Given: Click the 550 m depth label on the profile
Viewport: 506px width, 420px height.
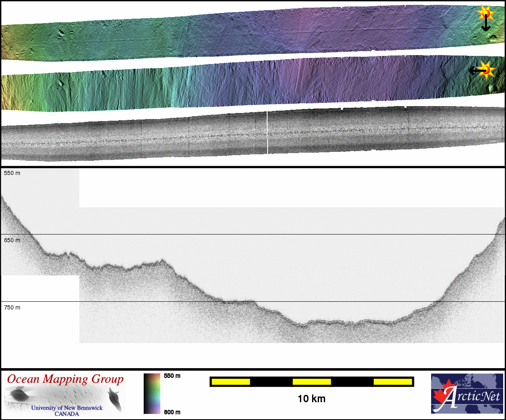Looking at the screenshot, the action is pyautogui.click(x=12, y=173).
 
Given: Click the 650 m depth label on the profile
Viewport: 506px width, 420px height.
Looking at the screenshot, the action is pyautogui.click(x=12, y=240).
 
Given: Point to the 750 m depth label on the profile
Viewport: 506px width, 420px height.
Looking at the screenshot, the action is pyautogui.click(x=12, y=308).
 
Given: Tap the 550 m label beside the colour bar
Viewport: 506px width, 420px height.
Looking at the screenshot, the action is pyautogui.click(x=172, y=376).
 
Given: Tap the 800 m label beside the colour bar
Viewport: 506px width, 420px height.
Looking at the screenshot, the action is pyautogui.click(x=172, y=412).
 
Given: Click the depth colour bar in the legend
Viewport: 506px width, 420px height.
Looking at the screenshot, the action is pyautogui.click(x=152, y=394).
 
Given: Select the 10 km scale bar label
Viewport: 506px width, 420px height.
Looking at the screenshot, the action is pyautogui.click(x=311, y=399).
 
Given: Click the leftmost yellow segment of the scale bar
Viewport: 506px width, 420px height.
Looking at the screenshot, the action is pyautogui.click(x=231, y=382).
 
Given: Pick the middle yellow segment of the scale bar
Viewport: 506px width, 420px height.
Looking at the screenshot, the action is pyautogui.click(x=312, y=382).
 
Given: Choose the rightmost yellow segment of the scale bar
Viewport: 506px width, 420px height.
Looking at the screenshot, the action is pyautogui.click(x=393, y=382).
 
